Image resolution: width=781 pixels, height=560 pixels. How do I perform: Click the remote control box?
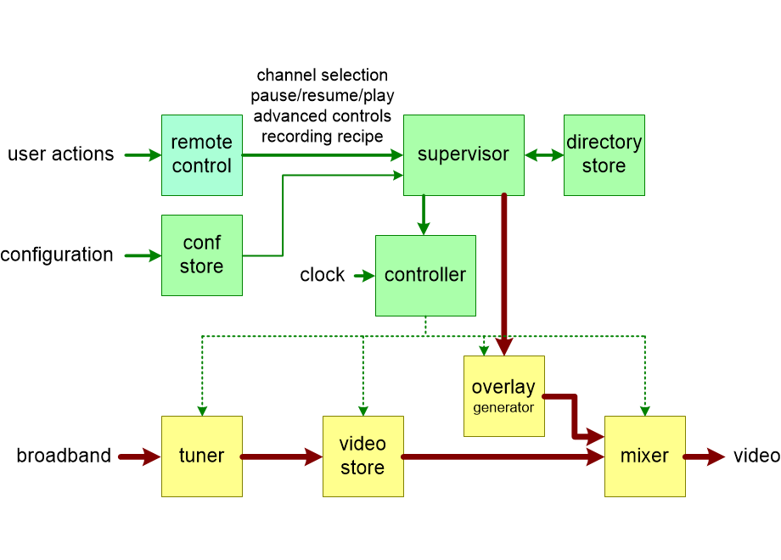click(202, 155)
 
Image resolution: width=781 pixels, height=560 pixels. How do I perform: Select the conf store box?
click(202, 255)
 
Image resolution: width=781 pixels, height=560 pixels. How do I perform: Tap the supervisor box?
click(464, 155)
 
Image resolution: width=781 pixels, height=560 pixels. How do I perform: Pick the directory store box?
click(604, 155)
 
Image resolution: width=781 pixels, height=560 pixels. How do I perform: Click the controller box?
click(425, 276)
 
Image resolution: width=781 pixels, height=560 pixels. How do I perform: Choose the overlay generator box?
click(504, 396)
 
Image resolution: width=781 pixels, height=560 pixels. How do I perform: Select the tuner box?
click(202, 456)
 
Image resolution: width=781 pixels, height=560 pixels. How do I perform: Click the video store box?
click(362, 456)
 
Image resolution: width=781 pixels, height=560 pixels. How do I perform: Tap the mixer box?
click(644, 456)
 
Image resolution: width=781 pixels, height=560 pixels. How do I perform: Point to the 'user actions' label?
click(60, 154)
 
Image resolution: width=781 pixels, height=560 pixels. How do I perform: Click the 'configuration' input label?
click(57, 255)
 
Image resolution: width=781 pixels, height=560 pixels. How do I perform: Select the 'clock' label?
click(323, 275)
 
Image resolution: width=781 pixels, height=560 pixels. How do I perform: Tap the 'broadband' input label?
click(64, 456)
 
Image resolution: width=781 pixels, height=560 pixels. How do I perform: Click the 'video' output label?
click(756, 456)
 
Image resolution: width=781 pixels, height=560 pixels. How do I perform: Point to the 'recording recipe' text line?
click(322, 136)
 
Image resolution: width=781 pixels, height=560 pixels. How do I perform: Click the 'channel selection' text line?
click(322, 76)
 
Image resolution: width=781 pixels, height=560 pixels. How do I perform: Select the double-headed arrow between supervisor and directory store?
click(544, 155)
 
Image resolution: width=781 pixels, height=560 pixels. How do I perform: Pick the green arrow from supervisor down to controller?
click(424, 215)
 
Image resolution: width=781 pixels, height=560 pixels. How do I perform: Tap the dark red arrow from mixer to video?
click(705, 457)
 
